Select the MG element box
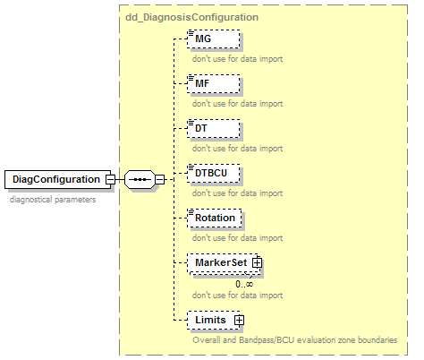tap(214, 39)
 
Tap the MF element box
tap(214, 83)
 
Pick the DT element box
tap(214, 128)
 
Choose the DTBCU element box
tap(214, 173)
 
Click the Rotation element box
tap(215, 218)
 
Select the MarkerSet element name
tap(221, 262)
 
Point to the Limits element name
tap(210, 320)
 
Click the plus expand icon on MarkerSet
tap(257, 262)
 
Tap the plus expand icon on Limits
tap(239, 320)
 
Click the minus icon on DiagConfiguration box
tap(110, 180)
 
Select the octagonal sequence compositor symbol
tap(140, 180)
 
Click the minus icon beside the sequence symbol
tap(160, 180)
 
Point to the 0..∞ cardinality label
tap(244, 284)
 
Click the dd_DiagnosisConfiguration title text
tap(191, 17)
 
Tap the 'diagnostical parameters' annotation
tap(53, 200)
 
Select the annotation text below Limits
tap(295, 340)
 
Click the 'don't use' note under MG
tap(237, 59)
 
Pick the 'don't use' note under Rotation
tap(237, 238)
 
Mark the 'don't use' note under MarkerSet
tap(237, 296)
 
